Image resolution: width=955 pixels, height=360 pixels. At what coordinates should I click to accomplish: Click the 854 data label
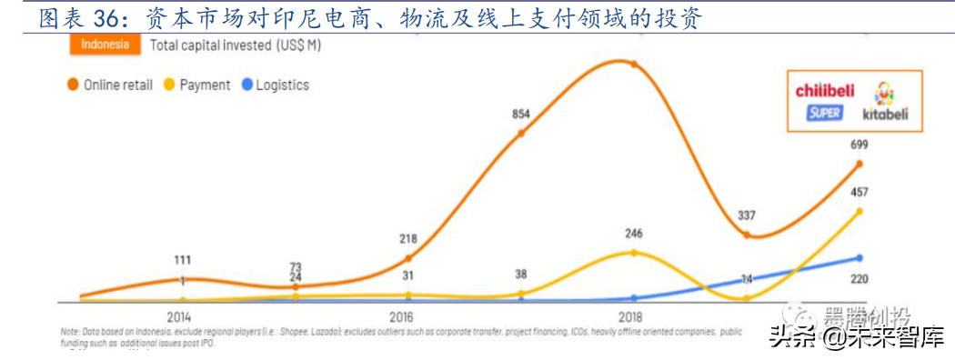pos(520,115)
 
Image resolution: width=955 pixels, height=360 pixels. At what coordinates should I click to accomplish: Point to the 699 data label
pos(859,145)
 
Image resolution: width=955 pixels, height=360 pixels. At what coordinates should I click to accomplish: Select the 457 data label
pos(859,192)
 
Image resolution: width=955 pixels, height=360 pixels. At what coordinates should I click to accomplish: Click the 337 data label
pos(748,215)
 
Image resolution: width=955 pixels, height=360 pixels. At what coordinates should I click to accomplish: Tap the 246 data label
pos(634,233)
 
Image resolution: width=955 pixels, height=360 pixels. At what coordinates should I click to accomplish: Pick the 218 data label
pos(407,239)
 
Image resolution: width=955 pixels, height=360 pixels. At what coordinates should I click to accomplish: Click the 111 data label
pos(183,261)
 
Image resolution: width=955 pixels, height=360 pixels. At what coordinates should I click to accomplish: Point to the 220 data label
pos(859,281)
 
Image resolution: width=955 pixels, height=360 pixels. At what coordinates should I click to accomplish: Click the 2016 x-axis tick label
pos(407,315)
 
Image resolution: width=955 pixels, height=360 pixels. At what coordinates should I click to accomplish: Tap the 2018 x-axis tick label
pos(633,315)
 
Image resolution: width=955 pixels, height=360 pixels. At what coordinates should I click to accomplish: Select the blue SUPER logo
pos(825,113)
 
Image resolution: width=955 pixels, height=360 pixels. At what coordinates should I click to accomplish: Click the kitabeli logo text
pos(880,115)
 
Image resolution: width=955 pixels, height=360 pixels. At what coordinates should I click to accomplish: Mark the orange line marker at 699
pos(858,164)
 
